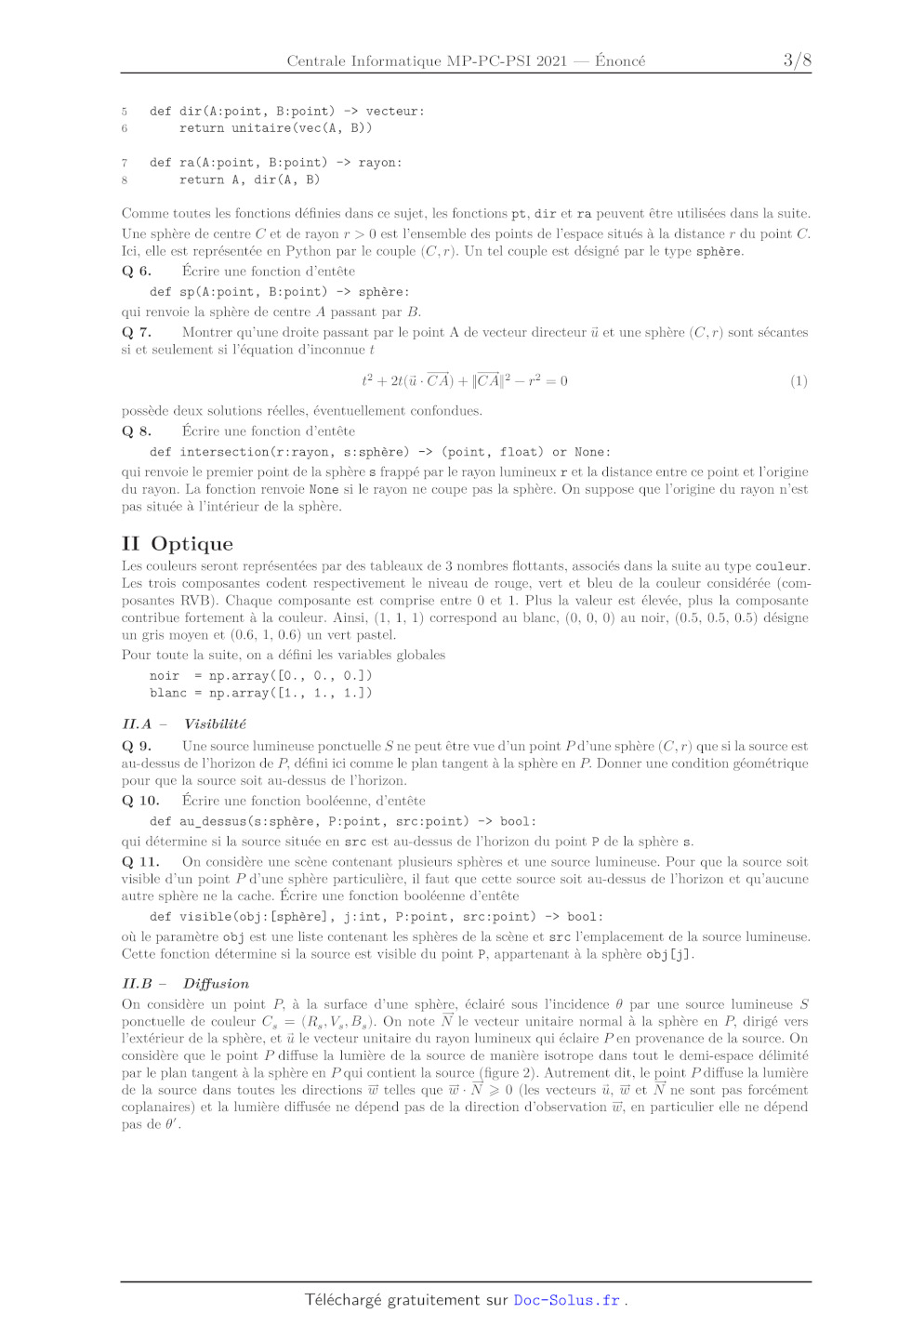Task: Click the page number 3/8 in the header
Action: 797,60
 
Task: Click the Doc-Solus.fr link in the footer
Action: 566,1300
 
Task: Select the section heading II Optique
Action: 178,544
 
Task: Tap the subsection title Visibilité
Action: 215,723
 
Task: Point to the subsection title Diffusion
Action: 216,983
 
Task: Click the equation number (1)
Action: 799,381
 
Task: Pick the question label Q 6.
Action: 137,272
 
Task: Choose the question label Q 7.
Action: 137,332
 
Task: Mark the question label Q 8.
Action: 137,431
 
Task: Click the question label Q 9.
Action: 137,746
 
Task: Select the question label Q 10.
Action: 140,801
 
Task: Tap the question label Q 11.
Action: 140,862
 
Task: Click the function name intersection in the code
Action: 224,452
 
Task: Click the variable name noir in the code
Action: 165,676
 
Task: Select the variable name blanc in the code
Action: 168,693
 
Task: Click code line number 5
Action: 125,112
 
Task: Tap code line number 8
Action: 125,180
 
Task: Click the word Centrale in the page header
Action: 316,61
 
